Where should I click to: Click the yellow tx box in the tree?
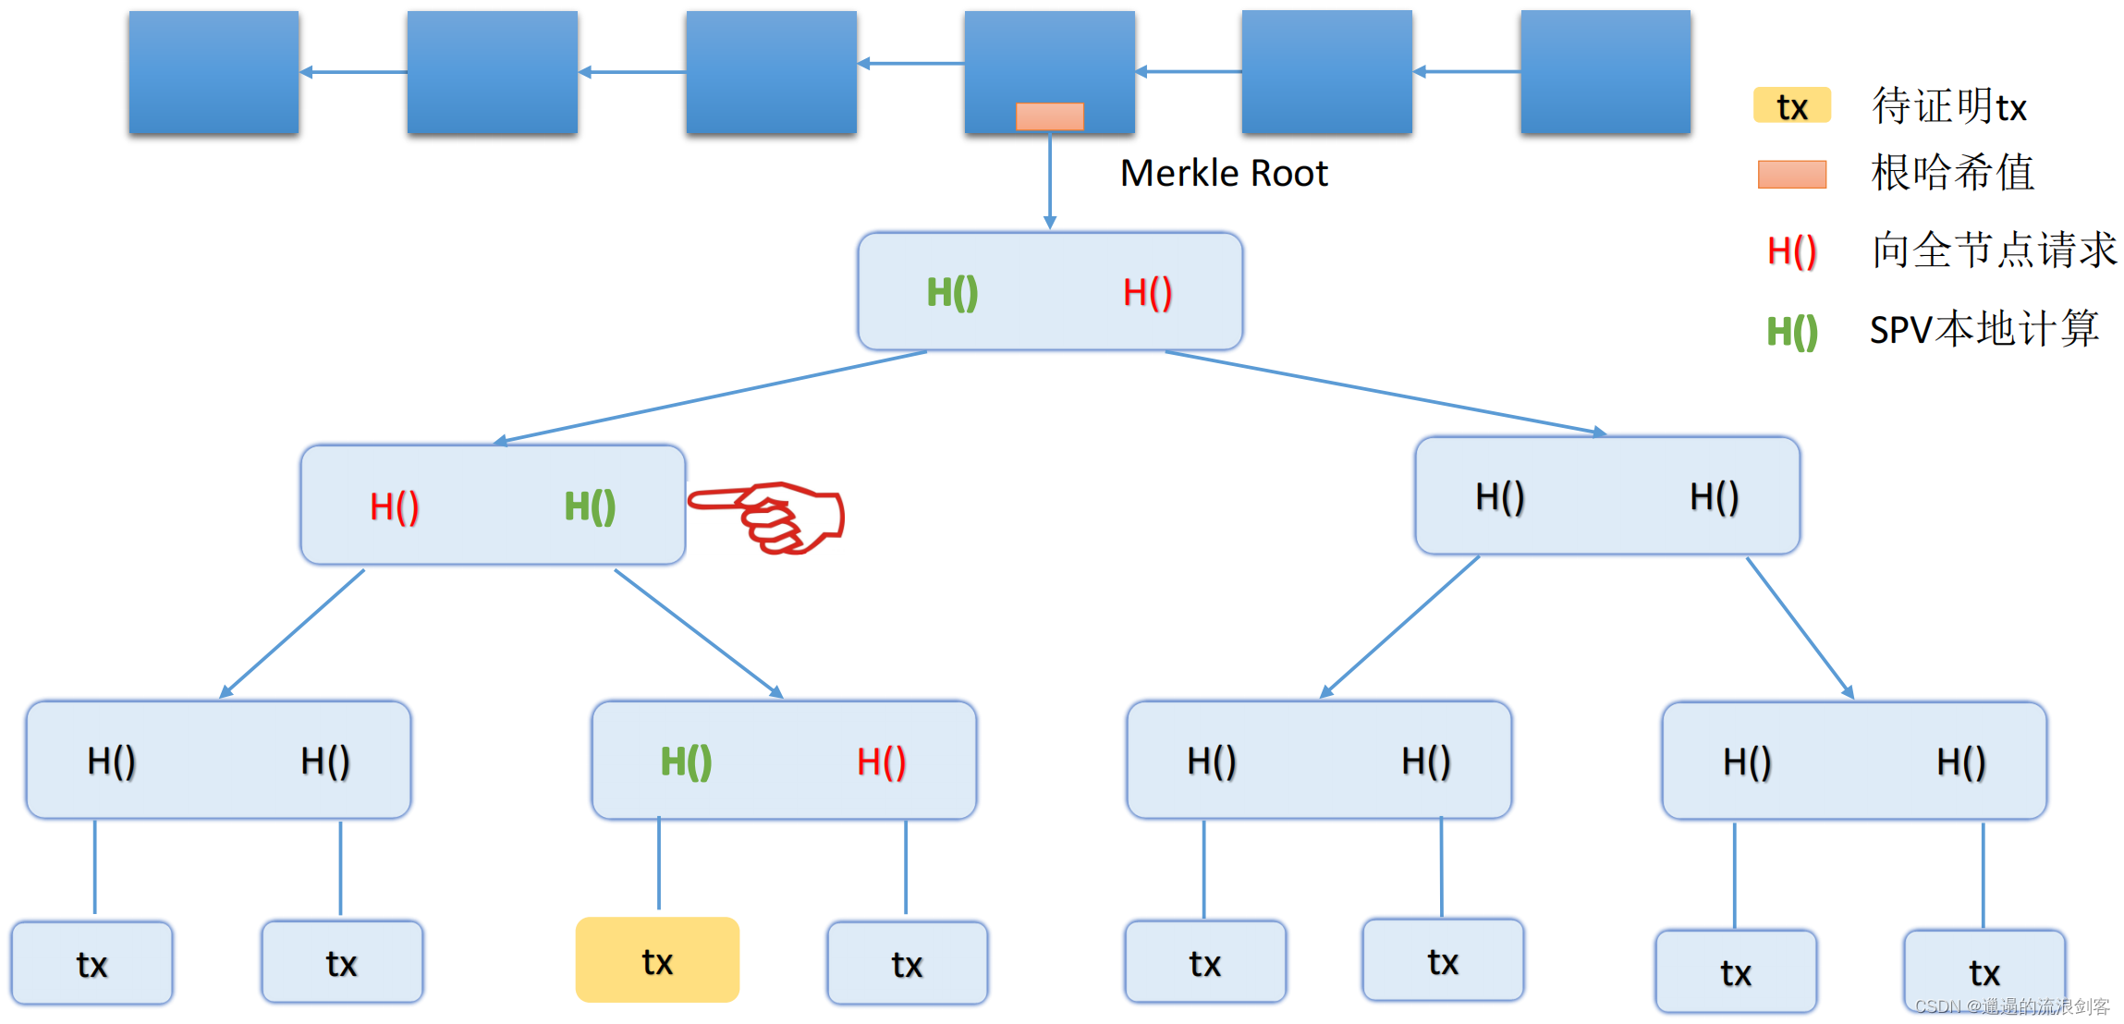(657, 960)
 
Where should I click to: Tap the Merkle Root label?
(1223, 174)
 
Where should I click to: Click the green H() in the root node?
(952, 293)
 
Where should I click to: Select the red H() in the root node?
(1147, 293)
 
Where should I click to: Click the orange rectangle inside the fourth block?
(1050, 116)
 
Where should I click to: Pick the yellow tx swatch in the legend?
(1791, 106)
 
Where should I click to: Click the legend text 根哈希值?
(1952, 173)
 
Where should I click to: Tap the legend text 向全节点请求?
(1994, 250)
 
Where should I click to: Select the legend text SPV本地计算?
(1984, 329)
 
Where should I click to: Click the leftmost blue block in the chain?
(214, 72)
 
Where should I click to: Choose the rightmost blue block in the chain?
(1605, 72)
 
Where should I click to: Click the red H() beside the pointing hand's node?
(395, 506)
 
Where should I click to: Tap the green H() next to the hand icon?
(590, 506)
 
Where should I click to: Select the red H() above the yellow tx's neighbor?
(881, 762)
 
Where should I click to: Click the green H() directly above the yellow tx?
(686, 762)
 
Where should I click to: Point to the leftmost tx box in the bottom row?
(92, 964)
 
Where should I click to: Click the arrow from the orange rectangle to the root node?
(1050, 180)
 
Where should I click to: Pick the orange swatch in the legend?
(1791, 175)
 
